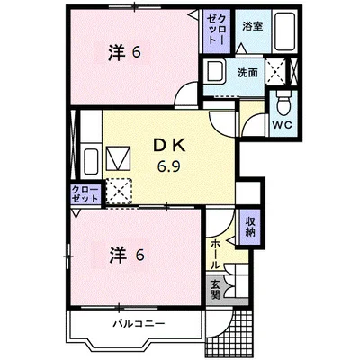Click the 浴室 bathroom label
pos(252,27)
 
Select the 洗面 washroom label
pos(247,73)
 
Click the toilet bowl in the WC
pos(283,104)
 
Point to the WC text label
pos(282,125)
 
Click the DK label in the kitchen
pos(168,147)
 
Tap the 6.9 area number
pos(169,166)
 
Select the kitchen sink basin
pos(91,161)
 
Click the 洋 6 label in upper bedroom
pos(124,52)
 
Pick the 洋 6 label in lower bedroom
pos(127,255)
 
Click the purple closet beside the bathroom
pos(216,31)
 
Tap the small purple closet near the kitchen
pos(85,194)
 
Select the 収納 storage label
pos(250,227)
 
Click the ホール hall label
pos(215,254)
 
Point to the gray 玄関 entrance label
pos(215,291)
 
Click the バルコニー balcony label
pos(139,324)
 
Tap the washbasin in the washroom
pos(215,72)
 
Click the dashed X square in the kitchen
pos(119,192)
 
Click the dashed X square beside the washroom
pos(276,72)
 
